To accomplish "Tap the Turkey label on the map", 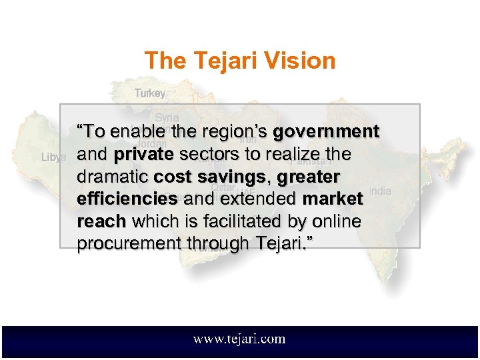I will (x=150, y=93).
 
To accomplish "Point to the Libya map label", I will (x=54, y=157).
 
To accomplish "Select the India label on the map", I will (x=381, y=191).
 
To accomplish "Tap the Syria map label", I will (x=167, y=117).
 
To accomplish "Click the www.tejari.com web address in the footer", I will (x=239, y=339).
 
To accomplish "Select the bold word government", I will (x=327, y=132).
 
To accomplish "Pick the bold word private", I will (x=144, y=155).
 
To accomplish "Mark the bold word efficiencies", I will (x=127, y=199).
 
